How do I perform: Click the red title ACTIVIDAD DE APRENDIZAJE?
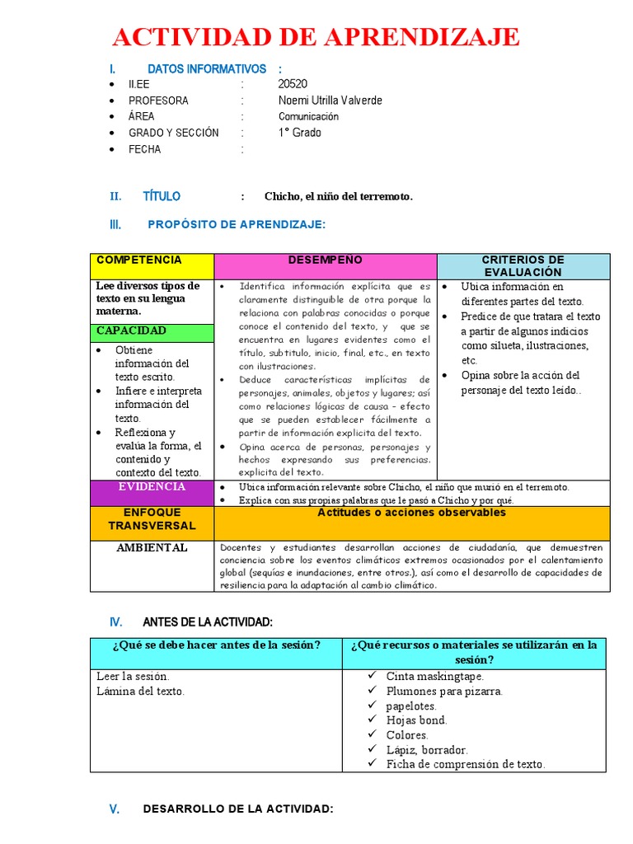coord(316,37)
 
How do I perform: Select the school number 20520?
coord(293,84)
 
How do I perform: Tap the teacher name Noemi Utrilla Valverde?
coord(330,101)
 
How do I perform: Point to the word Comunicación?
coord(308,117)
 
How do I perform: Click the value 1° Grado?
coord(300,133)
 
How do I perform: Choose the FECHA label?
coord(144,149)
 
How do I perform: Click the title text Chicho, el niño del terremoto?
coord(338,196)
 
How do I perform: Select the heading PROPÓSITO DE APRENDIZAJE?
coord(237,224)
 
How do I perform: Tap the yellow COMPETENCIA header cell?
coord(151,266)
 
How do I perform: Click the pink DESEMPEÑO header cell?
coord(325,266)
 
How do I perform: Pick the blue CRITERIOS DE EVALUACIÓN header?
coord(523,266)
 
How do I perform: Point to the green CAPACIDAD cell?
coord(151,331)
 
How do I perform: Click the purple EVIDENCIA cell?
coord(151,492)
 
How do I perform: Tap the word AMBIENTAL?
coord(152,547)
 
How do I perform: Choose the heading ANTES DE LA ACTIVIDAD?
coord(208,621)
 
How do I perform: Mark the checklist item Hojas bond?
coord(416,720)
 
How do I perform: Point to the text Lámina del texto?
coord(141,692)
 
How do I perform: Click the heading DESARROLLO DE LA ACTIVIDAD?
coord(237,809)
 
